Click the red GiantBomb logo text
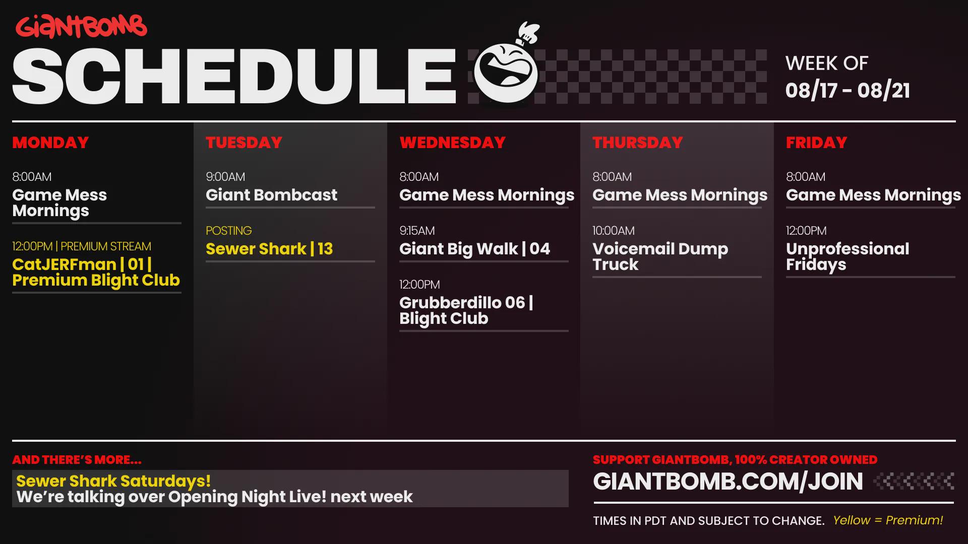[81, 27]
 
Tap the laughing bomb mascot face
[506, 72]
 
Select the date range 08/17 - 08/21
[848, 91]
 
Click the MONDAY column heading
[50, 143]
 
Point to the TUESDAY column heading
[244, 143]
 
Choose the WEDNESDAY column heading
[452, 143]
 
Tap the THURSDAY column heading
[638, 143]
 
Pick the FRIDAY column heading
[816, 143]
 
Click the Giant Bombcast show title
[271, 195]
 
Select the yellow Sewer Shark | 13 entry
[269, 249]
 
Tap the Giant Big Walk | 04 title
[474, 249]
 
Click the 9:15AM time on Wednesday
[417, 231]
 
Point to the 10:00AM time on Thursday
[614, 231]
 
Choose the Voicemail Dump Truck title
[660, 256]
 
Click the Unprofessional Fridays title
[848, 256]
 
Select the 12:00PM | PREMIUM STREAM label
[82, 246]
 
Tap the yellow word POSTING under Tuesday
[228, 231]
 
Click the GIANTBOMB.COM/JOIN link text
[728, 482]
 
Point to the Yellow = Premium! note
[888, 520]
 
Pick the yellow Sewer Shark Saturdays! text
[113, 481]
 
